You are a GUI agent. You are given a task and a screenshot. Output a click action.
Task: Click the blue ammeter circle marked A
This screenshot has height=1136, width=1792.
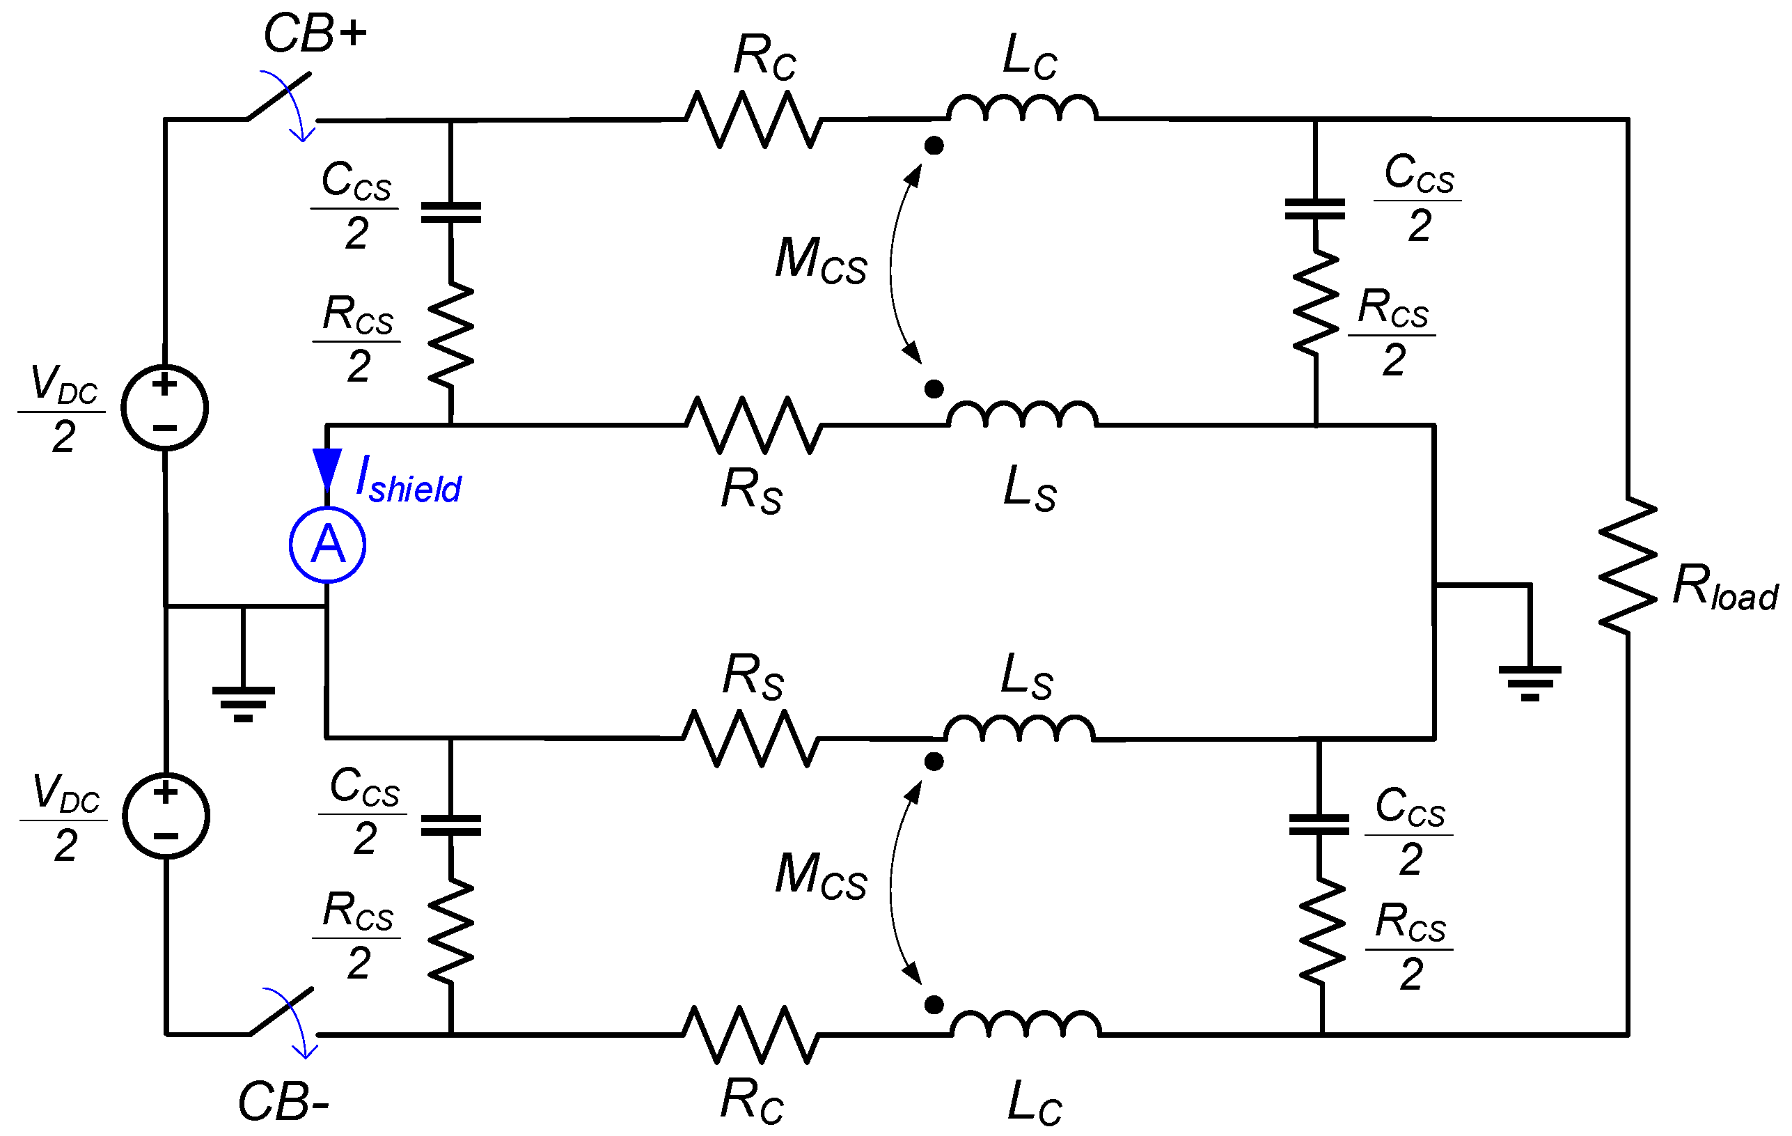pyautogui.click(x=327, y=545)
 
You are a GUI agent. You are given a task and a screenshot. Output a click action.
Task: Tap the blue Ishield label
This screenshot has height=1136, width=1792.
pyautogui.click(x=408, y=481)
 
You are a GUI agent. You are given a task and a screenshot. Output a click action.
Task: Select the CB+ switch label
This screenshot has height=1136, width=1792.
pyautogui.click(x=315, y=35)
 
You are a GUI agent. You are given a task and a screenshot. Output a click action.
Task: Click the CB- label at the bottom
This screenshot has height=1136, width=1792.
pyautogui.click(x=283, y=1103)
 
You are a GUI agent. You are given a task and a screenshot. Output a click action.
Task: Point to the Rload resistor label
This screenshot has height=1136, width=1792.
pyautogui.click(x=1724, y=588)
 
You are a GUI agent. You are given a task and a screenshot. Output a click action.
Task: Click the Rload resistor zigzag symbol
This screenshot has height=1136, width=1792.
pyautogui.click(x=1628, y=566)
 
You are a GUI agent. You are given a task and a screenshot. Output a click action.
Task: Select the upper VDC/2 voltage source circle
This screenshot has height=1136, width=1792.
pyautogui.click(x=164, y=407)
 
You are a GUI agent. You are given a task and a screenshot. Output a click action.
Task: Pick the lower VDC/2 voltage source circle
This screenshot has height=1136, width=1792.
pyautogui.click(x=165, y=816)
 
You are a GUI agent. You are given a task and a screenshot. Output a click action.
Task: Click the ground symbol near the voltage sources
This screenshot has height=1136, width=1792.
pyautogui.click(x=244, y=703)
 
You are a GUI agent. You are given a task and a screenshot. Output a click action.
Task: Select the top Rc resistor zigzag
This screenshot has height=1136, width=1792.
pyautogui.click(x=753, y=119)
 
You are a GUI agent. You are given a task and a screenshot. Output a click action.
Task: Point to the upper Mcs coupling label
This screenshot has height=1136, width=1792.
pyautogui.click(x=820, y=260)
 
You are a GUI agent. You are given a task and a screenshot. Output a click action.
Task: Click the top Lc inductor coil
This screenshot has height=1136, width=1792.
pyautogui.click(x=1022, y=109)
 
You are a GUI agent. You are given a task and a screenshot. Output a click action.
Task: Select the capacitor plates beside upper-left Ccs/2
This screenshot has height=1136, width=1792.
pyautogui.click(x=451, y=212)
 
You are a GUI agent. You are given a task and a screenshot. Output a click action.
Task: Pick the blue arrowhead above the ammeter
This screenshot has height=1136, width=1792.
pyautogui.click(x=327, y=467)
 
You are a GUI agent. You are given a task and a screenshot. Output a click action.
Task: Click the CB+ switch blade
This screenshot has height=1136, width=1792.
pyautogui.click(x=280, y=95)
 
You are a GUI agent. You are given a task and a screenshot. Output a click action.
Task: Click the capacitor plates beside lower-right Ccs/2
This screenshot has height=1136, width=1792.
pyautogui.click(x=1319, y=825)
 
